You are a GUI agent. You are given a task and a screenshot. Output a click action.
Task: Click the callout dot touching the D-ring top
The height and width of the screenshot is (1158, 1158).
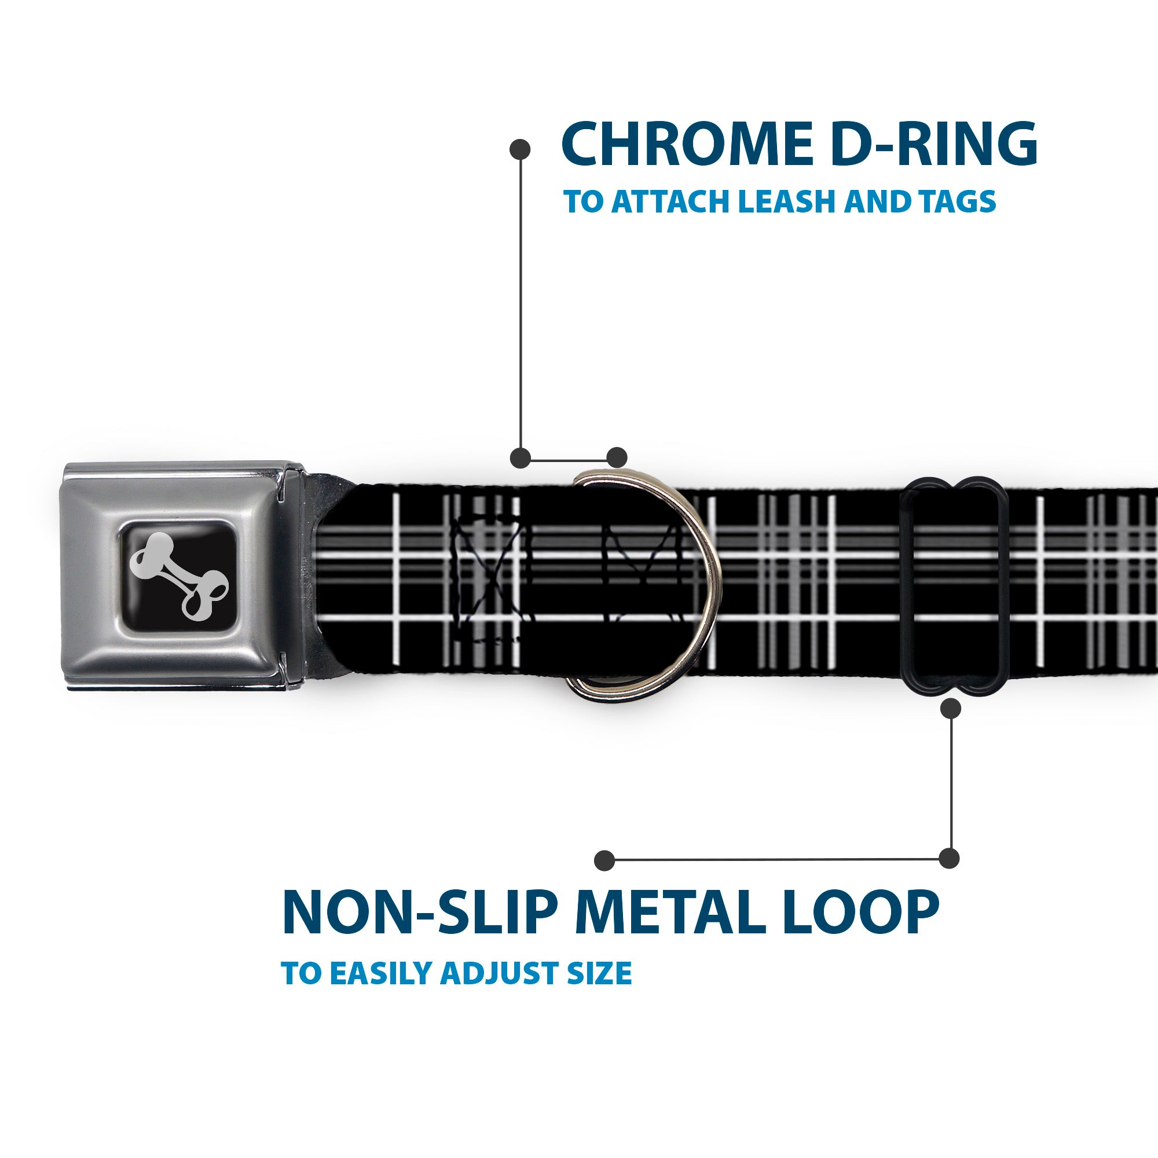pyautogui.click(x=617, y=457)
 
